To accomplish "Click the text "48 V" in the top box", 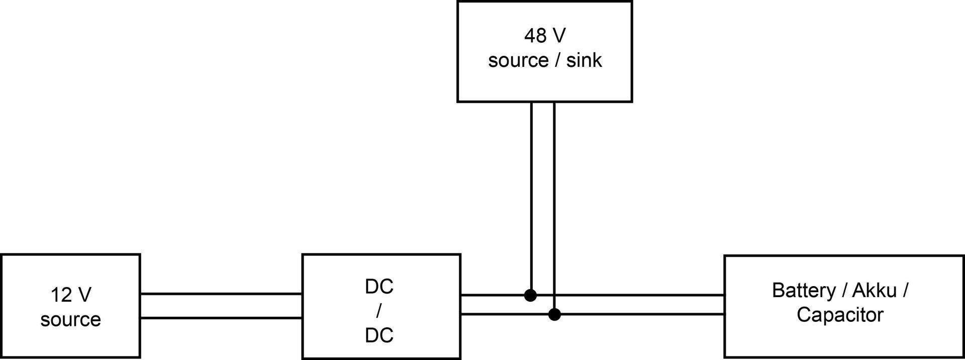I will tap(545, 36).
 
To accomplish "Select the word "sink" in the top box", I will tap(584, 60).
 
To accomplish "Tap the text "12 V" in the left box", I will tap(71, 295).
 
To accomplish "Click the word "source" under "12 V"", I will tap(70, 320).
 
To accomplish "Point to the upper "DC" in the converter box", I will tap(379, 287).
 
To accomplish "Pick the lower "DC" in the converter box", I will tap(379, 335).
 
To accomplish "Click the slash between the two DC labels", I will tap(378, 311).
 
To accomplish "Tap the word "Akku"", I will tap(875, 291).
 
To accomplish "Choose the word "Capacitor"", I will tap(840, 315).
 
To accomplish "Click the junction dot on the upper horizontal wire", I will tap(530, 295).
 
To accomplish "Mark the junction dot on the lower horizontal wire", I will tap(554, 315).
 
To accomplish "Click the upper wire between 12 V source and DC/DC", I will tap(221, 294).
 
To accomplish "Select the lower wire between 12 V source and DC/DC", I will tap(221, 318).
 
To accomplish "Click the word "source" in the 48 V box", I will tap(518, 60).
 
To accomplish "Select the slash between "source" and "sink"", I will tap(557, 60).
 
